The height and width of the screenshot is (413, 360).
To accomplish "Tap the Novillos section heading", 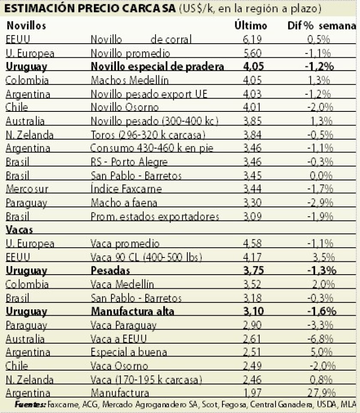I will (26, 26).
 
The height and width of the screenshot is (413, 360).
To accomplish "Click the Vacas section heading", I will (20, 230).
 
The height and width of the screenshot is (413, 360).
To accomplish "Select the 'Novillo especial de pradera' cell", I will (157, 67).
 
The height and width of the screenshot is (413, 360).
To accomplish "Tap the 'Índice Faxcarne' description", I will (126, 189).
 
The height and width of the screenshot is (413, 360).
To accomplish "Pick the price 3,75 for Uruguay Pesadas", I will (252, 271).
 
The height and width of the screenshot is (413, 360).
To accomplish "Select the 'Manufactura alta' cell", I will (132, 311).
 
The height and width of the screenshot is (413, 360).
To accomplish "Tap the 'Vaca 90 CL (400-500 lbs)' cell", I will (146, 257).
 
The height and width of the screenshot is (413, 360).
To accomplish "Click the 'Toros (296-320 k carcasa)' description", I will (147, 135).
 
